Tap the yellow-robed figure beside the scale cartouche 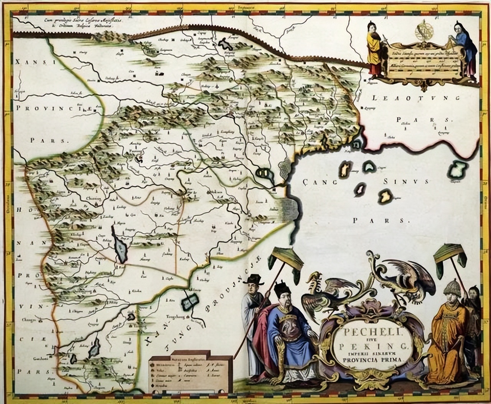[374, 48]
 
